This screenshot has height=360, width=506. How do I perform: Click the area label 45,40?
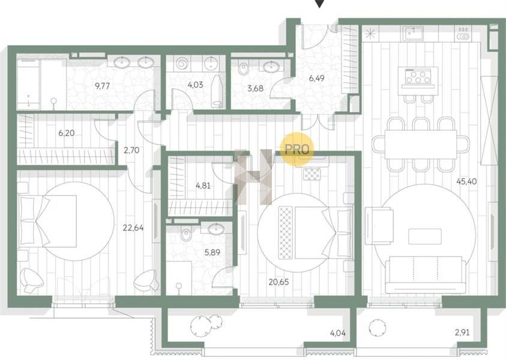pyautogui.click(x=466, y=181)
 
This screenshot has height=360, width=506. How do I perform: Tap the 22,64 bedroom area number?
pyautogui.click(x=133, y=228)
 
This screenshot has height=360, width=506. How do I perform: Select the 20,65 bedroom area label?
pyautogui.click(x=279, y=282)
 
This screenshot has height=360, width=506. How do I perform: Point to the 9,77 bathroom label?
pyautogui.click(x=102, y=86)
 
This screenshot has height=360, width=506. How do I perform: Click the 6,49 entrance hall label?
pyautogui.click(x=316, y=78)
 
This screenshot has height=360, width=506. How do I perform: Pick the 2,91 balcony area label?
pyautogui.click(x=462, y=332)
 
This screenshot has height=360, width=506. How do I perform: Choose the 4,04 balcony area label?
pyautogui.click(x=338, y=332)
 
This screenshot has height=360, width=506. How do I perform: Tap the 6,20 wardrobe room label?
pyautogui.click(x=67, y=133)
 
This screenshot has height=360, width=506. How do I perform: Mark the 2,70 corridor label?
pyautogui.click(x=131, y=150)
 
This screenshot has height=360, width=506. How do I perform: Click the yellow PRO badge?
pyautogui.click(x=297, y=149)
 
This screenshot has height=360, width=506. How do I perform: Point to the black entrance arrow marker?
pyautogui.click(x=319, y=4)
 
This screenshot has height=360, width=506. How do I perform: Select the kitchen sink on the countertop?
pyautogui.click(x=412, y=33)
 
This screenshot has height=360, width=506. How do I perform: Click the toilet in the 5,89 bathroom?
pyautogui.click(x=186, y=234)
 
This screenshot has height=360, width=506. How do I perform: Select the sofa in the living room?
pyautogui.click(x=426, y=275)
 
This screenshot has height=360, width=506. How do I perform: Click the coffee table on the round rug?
pyautogui.click(x=425, y=236)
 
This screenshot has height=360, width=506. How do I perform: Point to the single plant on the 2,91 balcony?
pyautogui.click(x=377, y=328)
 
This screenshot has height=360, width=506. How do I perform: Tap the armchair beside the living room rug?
pyautogui.click(x=379, y=226)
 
